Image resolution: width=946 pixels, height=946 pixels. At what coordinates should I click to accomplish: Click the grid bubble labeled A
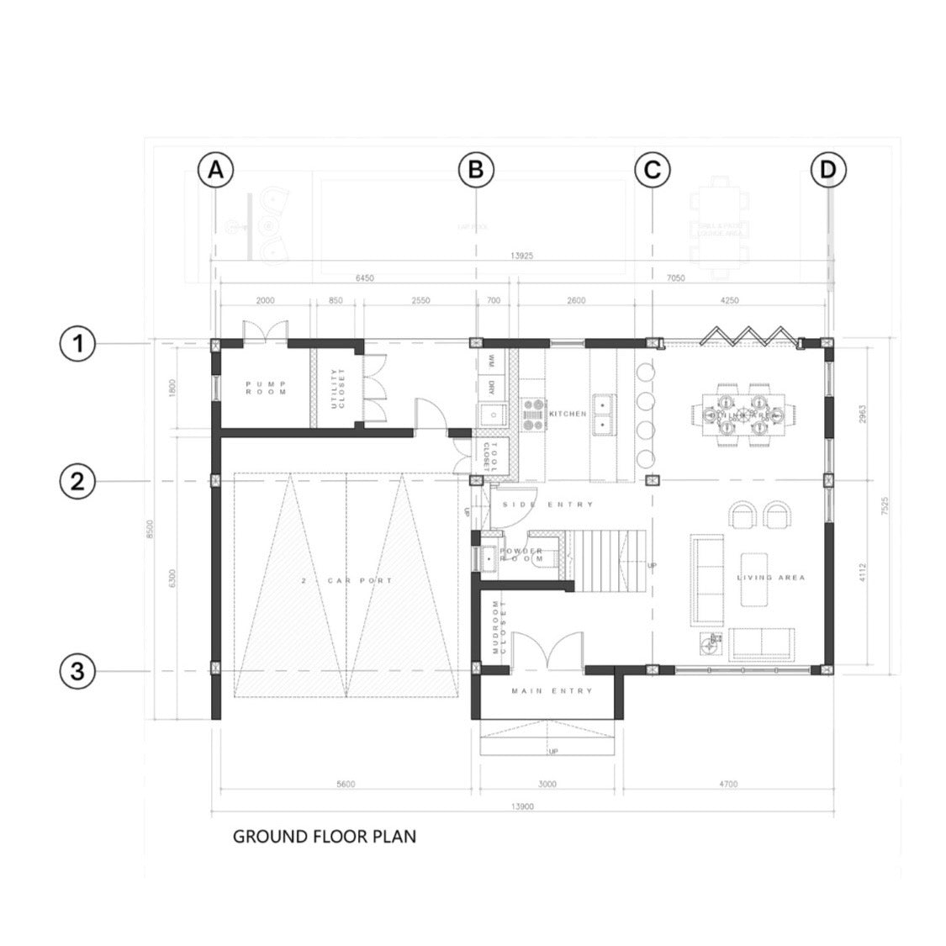[215, 171]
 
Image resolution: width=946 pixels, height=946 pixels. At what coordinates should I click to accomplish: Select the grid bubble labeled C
[652, 171]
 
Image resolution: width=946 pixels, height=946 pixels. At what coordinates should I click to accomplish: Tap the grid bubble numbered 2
[77, 482]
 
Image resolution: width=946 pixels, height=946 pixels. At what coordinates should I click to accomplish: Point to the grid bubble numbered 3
[77, 671]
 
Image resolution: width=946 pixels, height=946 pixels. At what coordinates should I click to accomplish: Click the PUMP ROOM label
[266, 388]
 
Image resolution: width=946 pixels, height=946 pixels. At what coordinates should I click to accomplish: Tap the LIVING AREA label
[771, 578]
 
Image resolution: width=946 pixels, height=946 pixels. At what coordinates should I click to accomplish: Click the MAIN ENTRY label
[552, 691]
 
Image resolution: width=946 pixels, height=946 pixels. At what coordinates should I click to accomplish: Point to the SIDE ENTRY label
[547, 505]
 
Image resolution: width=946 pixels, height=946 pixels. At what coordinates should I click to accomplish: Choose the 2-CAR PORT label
[346, 581]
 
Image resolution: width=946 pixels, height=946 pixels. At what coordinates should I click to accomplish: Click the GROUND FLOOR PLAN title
[324, 837]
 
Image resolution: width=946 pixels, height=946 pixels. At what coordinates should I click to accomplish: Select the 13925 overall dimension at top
[523, 256]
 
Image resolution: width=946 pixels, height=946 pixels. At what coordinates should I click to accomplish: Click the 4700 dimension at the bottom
[728, 784]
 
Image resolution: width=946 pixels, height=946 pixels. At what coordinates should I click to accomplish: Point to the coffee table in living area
[754, 579]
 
